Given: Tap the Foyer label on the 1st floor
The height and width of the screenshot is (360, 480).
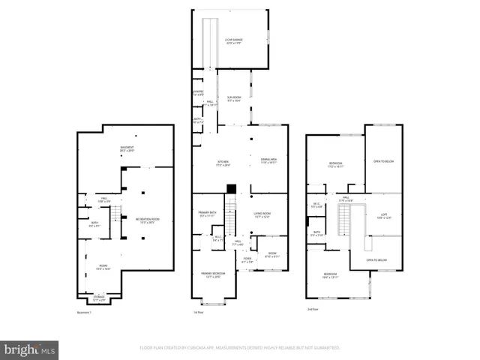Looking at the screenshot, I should [247, 260].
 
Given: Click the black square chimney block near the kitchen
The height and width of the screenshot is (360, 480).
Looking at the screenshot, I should [232, 188].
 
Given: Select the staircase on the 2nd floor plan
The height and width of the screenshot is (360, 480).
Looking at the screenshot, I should [345, 220].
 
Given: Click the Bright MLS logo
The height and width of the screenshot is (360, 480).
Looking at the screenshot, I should [30, 349].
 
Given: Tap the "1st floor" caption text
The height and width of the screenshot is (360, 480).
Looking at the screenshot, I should [199, 313].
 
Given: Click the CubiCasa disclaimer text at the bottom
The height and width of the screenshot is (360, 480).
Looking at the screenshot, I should [240, 347].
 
